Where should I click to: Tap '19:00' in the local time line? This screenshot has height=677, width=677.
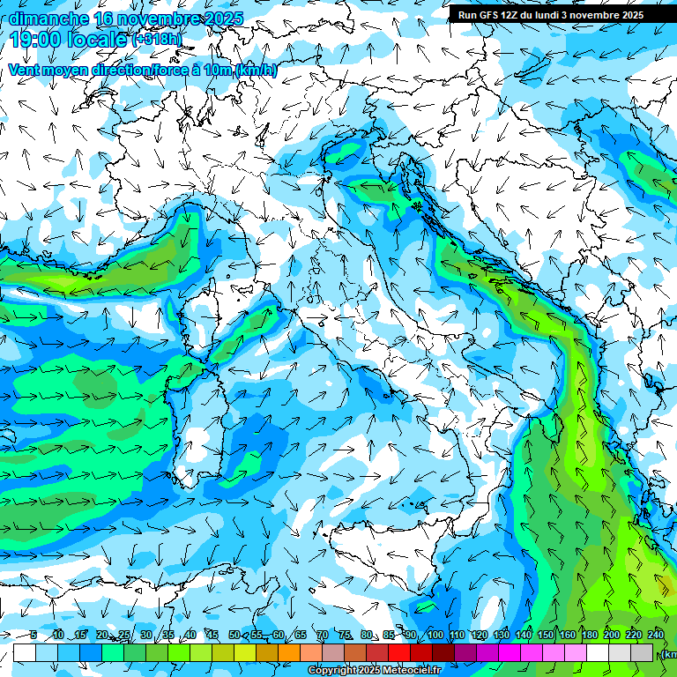34,40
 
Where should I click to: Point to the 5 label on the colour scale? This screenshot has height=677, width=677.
33,635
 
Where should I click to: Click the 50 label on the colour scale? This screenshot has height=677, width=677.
234,635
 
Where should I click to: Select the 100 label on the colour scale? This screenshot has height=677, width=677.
435,635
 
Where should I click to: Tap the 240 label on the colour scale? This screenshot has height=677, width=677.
655,635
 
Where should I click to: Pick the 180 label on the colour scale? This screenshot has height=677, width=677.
589,635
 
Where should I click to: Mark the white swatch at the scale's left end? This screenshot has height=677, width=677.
24,652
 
